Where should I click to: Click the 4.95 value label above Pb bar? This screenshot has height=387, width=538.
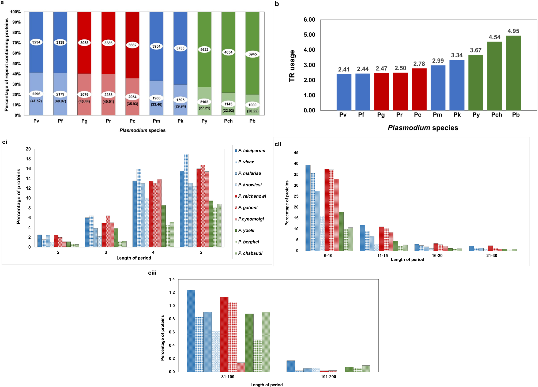513,31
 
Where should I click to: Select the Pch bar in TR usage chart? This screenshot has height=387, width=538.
494,76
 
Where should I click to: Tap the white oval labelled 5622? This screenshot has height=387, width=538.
204,50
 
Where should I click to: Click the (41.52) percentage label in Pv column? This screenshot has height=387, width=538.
36,101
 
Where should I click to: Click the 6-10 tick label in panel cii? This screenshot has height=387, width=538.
328,256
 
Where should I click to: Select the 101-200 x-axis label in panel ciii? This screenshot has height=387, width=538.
328,377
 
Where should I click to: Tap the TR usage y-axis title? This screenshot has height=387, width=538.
292,66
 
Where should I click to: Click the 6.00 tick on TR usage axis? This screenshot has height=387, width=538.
309,20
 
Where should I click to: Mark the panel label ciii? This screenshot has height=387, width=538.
152,273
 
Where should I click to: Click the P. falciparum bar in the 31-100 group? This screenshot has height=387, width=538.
191,330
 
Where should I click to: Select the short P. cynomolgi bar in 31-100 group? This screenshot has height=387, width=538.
241,367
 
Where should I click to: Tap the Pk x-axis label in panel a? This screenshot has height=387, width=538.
180,121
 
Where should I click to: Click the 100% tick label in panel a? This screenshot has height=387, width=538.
15,12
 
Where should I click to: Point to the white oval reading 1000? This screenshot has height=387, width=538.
252,105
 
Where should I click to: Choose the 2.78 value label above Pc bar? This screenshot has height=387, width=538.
419,64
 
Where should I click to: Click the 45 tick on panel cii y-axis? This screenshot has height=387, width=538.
296,153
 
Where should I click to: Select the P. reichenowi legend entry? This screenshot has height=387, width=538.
252,196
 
